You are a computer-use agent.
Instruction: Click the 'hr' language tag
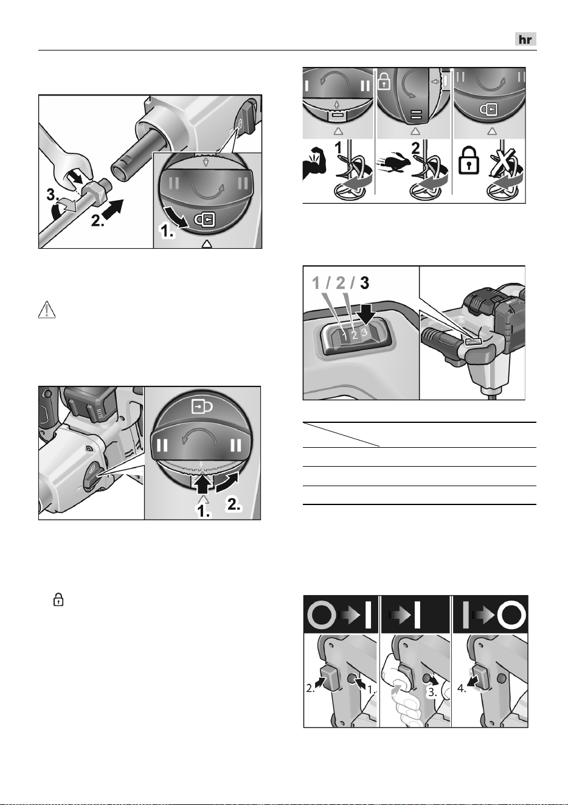(525, 40)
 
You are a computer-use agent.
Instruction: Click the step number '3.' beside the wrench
(54, 196)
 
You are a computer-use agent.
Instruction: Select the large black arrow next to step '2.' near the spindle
(113, 209)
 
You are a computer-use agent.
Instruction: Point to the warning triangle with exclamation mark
(47, 310)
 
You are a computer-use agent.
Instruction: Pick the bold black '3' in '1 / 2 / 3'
(364, 284)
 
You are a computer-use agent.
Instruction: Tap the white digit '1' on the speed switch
(345, 336)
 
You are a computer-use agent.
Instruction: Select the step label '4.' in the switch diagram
(462, 689)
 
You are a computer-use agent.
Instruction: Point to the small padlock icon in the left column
(58, 600)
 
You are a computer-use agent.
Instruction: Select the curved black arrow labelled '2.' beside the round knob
(227, 483)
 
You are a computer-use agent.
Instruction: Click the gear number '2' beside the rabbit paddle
(416, 148)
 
